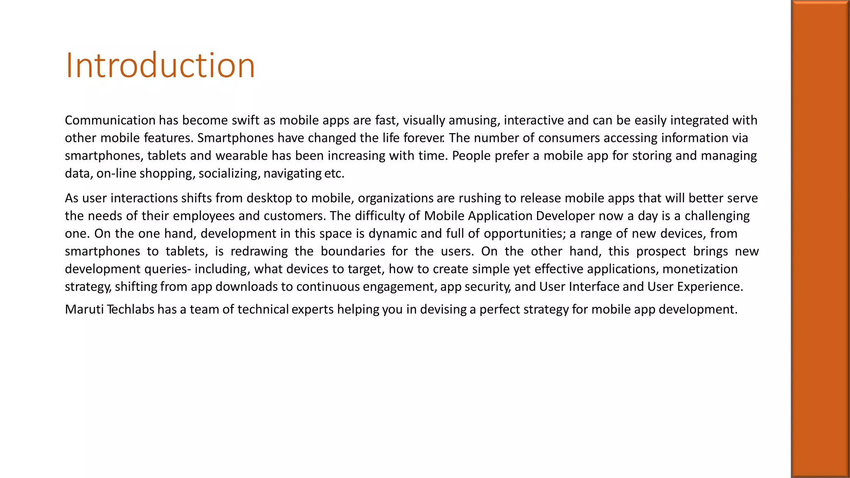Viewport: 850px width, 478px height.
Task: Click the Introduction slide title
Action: [x=160, y=65]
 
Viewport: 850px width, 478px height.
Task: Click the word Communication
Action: [x=110, y=120]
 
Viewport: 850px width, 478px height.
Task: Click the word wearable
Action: [x=242, y=156]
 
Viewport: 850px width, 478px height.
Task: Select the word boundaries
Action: [x=353, y=251]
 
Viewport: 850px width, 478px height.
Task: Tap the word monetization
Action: [x=700, y=269]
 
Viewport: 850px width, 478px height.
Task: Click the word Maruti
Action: [x=84, y=310]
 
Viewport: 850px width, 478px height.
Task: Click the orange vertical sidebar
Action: [x=820, y=239]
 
